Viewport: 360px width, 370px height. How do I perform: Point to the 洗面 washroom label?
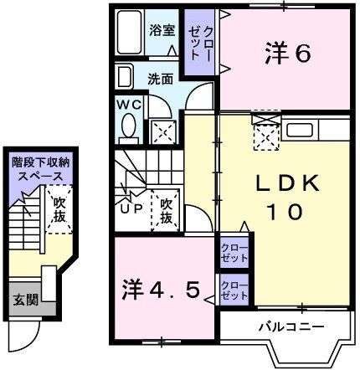tap(161, 80)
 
